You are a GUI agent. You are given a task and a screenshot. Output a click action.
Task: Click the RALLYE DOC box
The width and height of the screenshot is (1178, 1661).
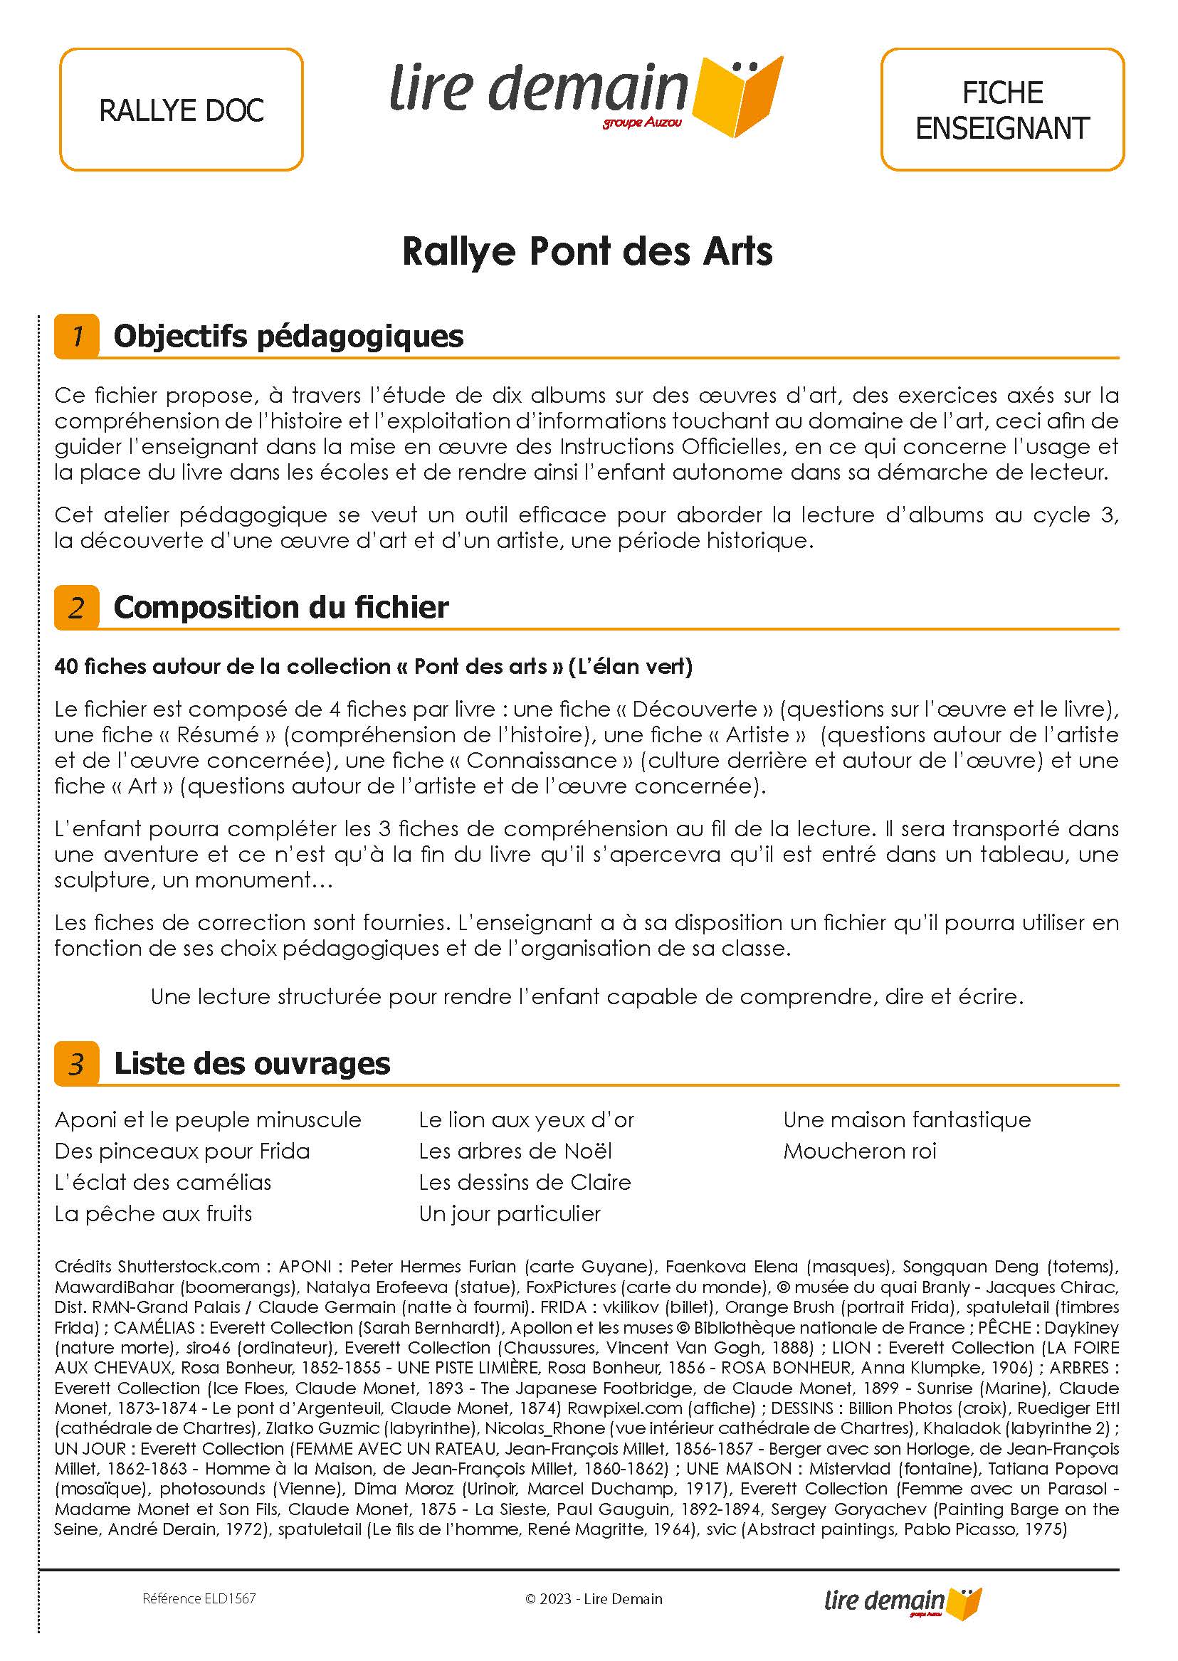click(181, 110)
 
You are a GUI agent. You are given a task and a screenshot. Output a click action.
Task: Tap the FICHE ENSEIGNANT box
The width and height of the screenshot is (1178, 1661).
click(1001, 110)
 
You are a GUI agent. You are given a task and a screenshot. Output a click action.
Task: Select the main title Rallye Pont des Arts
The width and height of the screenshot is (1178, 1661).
click(587, 252)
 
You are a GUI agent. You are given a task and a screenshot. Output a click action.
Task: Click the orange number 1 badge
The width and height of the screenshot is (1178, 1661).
click(76, 336)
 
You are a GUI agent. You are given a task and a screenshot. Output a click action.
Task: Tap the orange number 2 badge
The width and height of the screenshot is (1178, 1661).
click(76, 607)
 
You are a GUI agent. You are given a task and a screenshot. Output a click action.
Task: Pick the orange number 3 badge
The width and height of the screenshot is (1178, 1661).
click(76, 1063)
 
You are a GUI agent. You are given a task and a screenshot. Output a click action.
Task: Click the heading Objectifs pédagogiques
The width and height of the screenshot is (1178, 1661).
click(289, 336)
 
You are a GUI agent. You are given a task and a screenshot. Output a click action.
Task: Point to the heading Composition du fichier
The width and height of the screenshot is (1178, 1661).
click(280, 607)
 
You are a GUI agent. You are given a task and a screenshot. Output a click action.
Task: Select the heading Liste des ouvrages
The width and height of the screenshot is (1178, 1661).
click(252, 1063)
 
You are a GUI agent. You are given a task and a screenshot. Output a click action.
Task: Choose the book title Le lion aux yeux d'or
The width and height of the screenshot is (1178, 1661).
click(526, 1120)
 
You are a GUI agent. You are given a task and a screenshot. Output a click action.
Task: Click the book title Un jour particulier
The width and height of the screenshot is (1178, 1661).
click(509, 1213)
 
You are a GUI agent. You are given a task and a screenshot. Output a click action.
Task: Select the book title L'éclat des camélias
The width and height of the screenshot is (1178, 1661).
click(162, 1182)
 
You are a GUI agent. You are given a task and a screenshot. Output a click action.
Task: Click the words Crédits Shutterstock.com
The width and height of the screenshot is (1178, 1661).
click(157, 1267)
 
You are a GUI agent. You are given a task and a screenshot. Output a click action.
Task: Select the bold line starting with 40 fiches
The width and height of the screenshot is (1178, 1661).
click(373, 667)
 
